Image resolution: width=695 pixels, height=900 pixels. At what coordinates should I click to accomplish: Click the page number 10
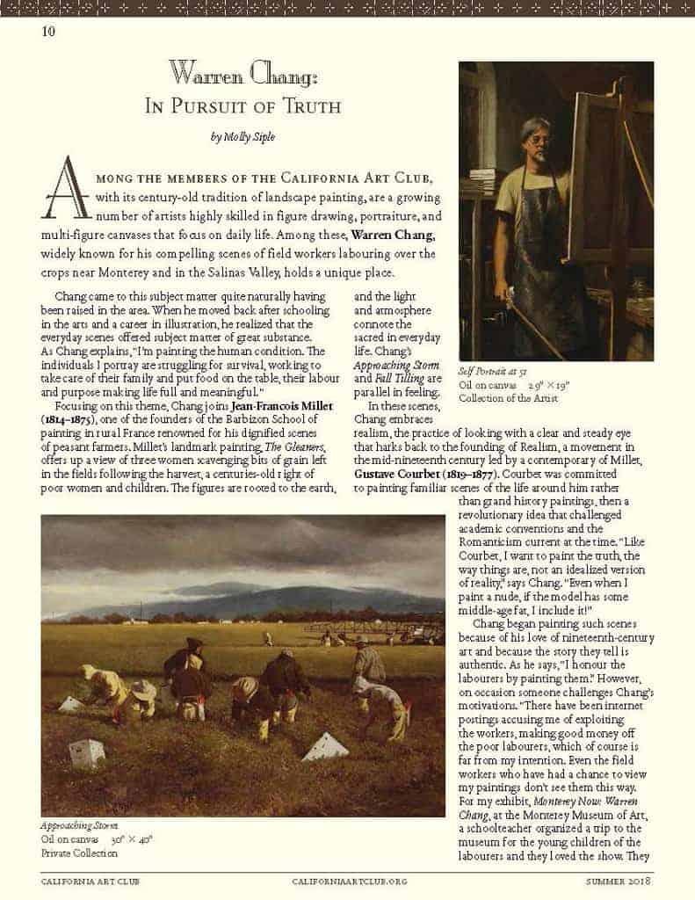coord(47,33)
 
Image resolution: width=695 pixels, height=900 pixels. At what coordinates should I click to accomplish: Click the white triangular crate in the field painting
coord(327,747)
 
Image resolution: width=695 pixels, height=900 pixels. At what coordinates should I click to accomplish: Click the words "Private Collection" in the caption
coord(79,853)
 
